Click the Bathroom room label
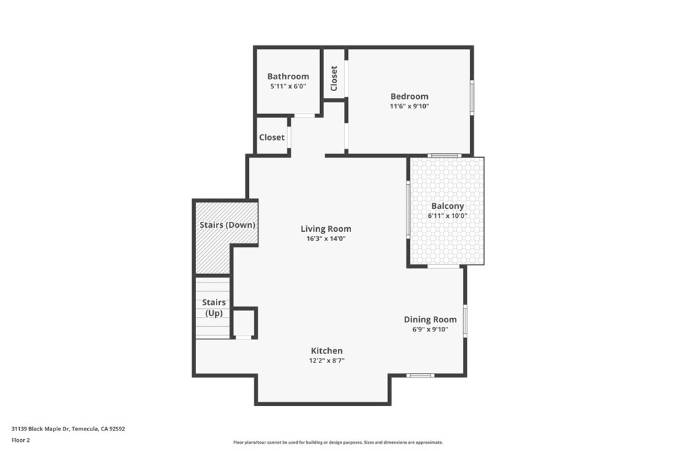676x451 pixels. pos(288,77)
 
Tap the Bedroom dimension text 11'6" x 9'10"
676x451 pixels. pos(409,106)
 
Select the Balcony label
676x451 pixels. pos(447,206)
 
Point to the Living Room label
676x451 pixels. pos(326,229)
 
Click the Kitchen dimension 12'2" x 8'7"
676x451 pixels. pos(327,361)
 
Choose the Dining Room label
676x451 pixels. pos(430,320)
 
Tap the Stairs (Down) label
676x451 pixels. pos(227,225)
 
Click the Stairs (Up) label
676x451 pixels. pos(214,308)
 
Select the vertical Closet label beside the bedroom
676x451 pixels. pos(334,79)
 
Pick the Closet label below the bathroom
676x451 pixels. pos(272,137)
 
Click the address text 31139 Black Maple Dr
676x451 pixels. pos(68,429)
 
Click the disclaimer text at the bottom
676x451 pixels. pos(337,442)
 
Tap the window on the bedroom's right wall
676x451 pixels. pos(471,98)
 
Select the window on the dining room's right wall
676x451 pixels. pos(465,320)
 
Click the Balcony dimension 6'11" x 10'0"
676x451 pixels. pos(447,216)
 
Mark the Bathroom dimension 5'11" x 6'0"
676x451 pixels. pos(288,87)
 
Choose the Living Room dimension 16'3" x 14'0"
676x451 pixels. pos(326,238)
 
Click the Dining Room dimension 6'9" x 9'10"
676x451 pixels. pos(430,329)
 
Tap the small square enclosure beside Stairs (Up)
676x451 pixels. pos(244,324)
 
